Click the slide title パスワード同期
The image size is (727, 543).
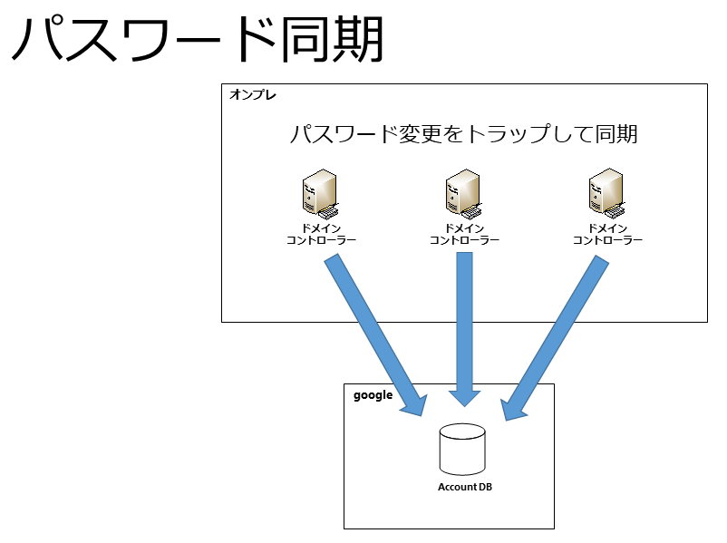197,39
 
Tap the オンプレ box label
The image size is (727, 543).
253,95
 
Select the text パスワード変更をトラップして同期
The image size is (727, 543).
463,134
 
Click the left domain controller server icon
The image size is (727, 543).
320,194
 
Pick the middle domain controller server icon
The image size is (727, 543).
463,194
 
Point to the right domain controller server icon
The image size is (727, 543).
606,194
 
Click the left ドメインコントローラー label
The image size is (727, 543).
321,234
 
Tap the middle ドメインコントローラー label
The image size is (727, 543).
465,234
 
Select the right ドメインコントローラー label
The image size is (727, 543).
608,234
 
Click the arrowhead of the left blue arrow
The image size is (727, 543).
415,404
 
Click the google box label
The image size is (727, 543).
373,395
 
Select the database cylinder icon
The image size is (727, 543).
462,449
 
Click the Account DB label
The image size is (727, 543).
465,487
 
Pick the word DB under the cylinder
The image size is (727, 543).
484,487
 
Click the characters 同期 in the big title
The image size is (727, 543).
332,39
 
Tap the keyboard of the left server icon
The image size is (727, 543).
327,212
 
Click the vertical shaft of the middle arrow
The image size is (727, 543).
465,321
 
